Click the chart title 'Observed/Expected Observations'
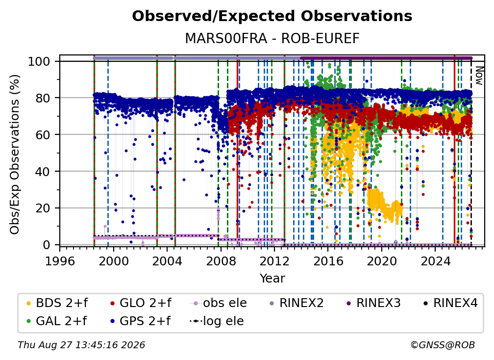272,16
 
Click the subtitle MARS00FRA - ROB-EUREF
272,39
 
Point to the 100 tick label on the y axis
39,61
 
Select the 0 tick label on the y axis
47,245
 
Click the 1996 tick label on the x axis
60,261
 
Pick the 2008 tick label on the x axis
221,261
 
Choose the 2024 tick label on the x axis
435,261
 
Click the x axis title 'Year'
272,279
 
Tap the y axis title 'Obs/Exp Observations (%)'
15,154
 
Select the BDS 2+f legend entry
57,303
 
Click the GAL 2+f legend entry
56,321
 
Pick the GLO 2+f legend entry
141,303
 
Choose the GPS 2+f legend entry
140,321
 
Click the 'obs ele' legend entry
219,303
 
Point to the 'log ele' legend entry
217,321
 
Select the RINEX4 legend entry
450,303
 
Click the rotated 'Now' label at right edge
479,76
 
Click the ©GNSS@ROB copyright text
443,345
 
